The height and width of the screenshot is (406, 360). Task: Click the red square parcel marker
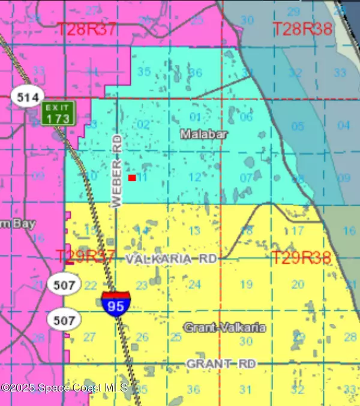pos(132,178)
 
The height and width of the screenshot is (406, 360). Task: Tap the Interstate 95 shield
pos(115,303)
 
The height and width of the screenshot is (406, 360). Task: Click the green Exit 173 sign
pos(58,113)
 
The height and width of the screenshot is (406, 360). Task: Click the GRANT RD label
pos(221,364)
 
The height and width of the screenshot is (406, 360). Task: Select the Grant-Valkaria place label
pos(225,327)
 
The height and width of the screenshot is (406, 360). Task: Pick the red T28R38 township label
pos(302,28)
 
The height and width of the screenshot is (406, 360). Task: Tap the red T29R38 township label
pos(301,258)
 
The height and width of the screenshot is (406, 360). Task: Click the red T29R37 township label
pos(86,256)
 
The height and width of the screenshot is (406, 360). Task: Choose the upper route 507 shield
pos(64,285)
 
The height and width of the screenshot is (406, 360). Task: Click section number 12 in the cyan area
pos(194,177)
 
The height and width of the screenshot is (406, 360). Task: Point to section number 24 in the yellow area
pos(194,284)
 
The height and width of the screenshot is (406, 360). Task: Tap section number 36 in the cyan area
pos(195,73)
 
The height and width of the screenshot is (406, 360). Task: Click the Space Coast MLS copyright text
pos(64,387)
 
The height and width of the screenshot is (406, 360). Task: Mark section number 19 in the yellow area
pos(246,284)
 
